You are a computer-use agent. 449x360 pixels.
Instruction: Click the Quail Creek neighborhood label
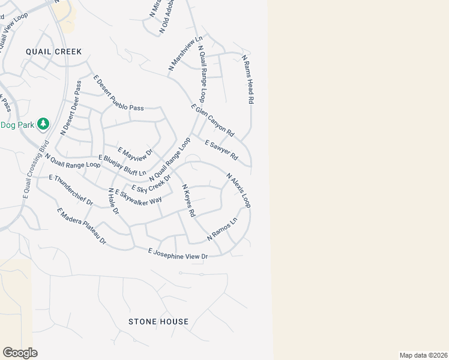coord(53,52)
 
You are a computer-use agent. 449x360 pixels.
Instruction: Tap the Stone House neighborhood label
coord(158,322)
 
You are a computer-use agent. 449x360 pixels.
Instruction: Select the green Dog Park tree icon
coord(43,124)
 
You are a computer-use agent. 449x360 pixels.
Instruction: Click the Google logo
coord(20,352)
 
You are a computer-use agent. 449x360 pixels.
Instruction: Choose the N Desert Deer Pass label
coord(70,108)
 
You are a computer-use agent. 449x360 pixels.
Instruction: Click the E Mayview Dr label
coord(136,155)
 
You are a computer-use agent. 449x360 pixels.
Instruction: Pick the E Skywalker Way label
coord(139,197)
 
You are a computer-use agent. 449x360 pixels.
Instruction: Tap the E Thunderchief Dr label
coord(71,190)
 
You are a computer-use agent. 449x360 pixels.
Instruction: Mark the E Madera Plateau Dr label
coord(81,226)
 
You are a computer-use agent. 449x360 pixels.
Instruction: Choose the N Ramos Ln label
coord(222,229)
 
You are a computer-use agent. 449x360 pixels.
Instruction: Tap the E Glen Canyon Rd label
coord(212,120)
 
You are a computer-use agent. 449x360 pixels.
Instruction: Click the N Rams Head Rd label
coord(248,80)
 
